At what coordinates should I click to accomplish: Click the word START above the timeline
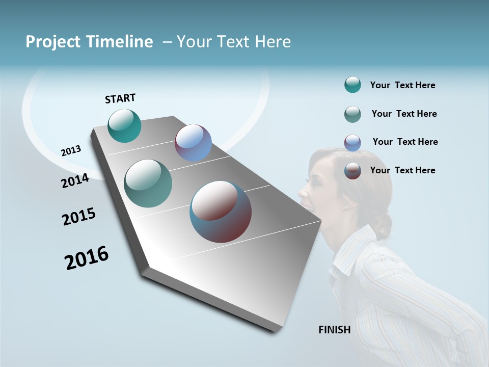[x=120, y=98]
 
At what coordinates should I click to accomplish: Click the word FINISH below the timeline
[x=334, y=330]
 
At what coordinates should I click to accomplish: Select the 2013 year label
[x=71, y=151]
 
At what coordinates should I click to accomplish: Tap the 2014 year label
[x=75, y=181]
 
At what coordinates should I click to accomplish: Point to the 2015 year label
[x=79, y=217]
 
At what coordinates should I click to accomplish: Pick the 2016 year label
[x=87, y=258]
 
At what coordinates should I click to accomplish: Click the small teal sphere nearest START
[x=124, y=125]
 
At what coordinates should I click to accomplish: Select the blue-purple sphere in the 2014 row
[x=193, y=143]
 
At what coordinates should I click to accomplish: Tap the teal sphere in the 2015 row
[x=148, y=183]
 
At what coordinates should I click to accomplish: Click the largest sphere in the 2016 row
[x=221, y=212]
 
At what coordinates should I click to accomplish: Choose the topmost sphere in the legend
[x=352, y=85]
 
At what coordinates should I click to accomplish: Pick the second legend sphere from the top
[x=352, y=114]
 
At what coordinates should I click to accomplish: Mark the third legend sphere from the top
[x=352, y=143]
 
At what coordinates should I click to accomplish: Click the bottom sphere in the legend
[x=352, y=171]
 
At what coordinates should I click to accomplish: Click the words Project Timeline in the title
[x=89, y=42]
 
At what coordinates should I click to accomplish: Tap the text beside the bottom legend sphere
[x=402, y=170]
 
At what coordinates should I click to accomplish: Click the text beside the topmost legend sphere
[x=402, y=85]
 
